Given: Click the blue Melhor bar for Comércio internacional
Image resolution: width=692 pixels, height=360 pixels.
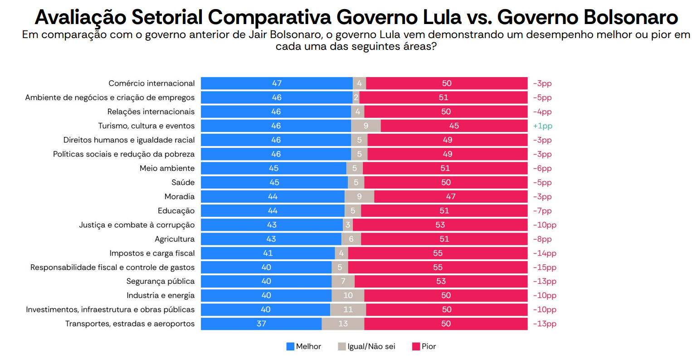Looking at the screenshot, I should pos(277,83).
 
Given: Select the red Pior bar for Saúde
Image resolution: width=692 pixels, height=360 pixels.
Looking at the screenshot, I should pos(446,182).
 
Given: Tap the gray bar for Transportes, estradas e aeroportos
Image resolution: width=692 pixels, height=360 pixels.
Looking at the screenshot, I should pos(343,324).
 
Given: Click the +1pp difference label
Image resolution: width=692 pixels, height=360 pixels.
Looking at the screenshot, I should pos(542,126).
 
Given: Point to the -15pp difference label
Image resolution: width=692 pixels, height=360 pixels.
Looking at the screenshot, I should pos(544,268).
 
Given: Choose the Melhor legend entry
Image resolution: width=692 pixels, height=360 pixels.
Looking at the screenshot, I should pos(304,346).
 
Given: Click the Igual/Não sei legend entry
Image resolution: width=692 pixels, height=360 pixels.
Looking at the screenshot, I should pos(366,346).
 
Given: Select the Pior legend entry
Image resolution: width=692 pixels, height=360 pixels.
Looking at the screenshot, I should pos(424,346).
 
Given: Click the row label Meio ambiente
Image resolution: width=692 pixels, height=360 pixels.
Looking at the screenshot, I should pos(167,168).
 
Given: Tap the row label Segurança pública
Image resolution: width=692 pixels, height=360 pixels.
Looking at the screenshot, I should pos(160,282).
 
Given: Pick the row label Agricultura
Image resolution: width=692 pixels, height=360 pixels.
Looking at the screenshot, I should pos(175,239).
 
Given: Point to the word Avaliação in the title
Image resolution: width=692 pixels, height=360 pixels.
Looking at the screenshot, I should pos(80,17).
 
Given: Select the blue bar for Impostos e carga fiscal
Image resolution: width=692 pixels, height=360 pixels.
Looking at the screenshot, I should pos(268,253).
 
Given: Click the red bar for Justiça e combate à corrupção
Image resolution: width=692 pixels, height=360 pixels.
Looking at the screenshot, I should pos(440,225).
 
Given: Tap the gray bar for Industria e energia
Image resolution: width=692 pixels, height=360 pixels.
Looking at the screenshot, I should pos(348,296).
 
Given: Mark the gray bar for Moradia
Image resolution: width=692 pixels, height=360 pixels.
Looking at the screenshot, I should pos(359,196).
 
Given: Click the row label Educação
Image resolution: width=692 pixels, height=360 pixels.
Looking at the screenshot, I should pos(176,211).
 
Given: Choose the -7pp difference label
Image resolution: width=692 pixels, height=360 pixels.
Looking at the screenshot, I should pos(542,211).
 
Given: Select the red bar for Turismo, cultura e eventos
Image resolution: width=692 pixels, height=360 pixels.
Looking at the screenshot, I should pos(454,126).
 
